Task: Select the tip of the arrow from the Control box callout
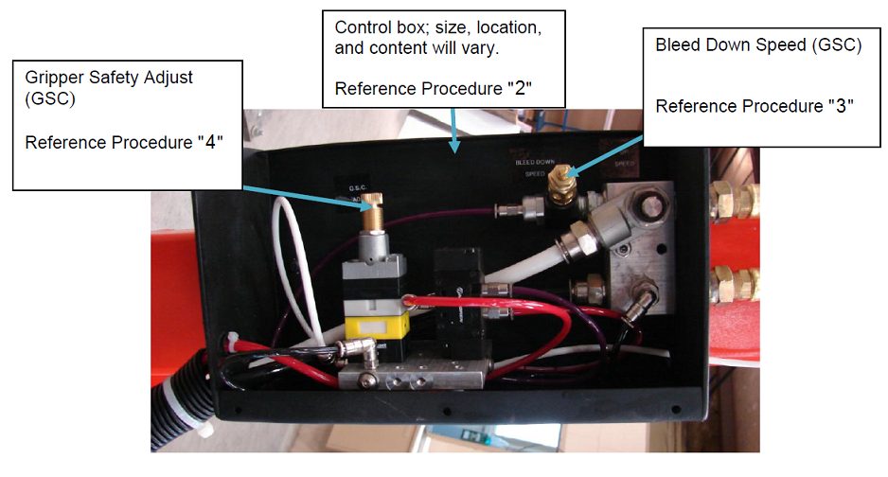click(x=457, y=151)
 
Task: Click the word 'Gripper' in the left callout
click(x=55, y=77)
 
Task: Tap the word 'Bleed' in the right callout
click(x=680, y=44)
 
